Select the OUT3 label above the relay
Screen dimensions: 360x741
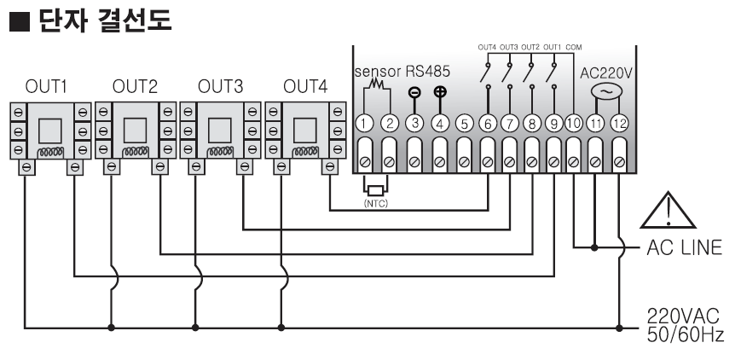[x=219, y=87]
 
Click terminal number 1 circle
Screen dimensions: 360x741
[x=365, y=124]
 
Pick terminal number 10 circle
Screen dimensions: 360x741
[x=574, y=124]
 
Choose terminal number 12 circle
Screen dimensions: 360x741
[x=620, y=124]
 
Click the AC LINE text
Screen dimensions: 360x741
[x=683, y=248]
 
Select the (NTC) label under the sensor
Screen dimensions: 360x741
[x=376, y=203]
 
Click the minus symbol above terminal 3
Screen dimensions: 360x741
[x=415, y=93]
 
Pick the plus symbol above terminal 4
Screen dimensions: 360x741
[x=440, y=93]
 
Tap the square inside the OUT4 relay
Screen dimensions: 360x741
[x=305, y=129]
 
